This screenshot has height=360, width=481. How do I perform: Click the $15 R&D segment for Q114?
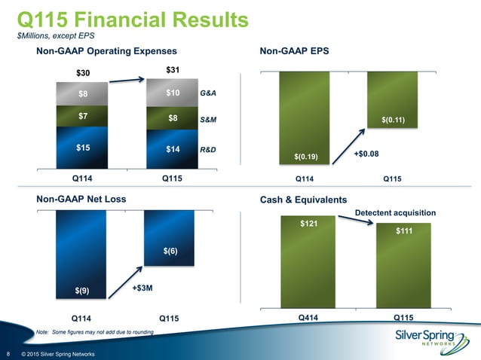82,148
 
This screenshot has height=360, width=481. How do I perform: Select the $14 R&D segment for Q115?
173,150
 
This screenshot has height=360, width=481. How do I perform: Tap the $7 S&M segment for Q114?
82,117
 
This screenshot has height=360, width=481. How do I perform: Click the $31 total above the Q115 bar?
173,71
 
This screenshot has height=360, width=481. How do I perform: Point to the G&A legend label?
208,94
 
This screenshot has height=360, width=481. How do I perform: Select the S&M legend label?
208,120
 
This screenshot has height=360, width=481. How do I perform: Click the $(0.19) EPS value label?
306,156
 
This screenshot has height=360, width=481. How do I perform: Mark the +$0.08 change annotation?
366,153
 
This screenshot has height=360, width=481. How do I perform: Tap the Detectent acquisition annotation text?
396,214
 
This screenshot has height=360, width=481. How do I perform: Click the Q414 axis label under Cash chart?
307,317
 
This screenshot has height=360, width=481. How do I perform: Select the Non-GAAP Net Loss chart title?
81,199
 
